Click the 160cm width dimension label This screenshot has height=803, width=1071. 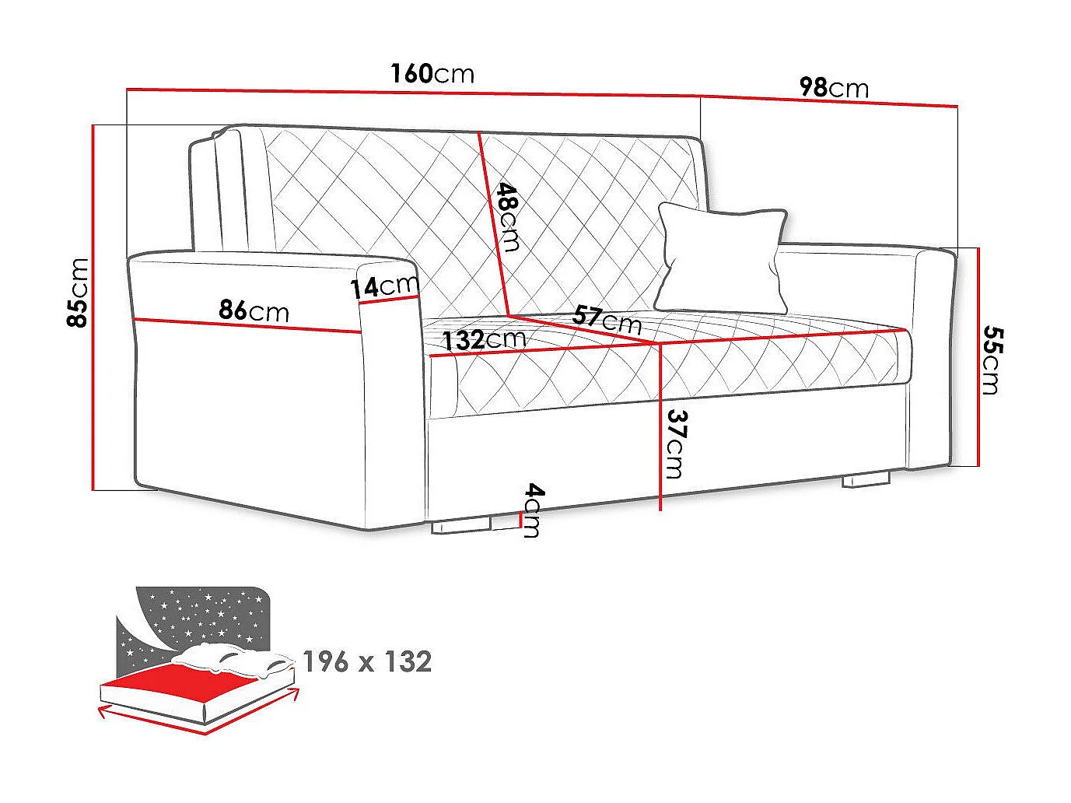tap(432, 73)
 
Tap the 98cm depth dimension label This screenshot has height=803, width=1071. tap(834, 87)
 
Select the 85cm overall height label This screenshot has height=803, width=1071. tap(78, 293)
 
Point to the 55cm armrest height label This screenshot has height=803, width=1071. tap(991, 359)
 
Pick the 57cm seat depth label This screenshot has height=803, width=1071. tap(607, 319)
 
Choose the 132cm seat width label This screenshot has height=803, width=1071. tap(484, 339)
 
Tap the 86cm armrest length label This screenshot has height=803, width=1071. tap(254, 310)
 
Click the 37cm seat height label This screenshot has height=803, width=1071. tap(675, 444)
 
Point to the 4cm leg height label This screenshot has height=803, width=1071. tap(533, 510)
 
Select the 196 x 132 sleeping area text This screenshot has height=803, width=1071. tap(367, 662)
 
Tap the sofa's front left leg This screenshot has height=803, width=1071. tap(462, 526)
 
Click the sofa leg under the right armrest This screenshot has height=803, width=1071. tap(866, 479)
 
